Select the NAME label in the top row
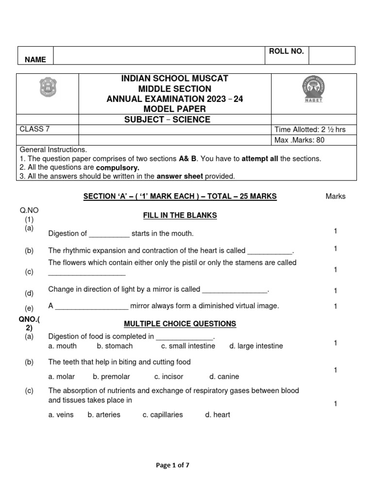pos(35,60)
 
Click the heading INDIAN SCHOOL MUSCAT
pos(175,79)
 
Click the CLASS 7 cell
pos(34,129)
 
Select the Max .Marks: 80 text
pos(300,140)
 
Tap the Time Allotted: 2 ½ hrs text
pos(310,130)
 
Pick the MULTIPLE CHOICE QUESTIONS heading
pos(180,324)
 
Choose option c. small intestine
pos(188,346)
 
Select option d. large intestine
pos(256,346)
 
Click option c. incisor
pos(169,377)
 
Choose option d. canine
pos(224,377)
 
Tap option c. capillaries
pos(163,415)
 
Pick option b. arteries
pos(104,415)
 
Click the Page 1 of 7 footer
pos(172,465)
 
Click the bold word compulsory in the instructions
pos(119,167)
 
